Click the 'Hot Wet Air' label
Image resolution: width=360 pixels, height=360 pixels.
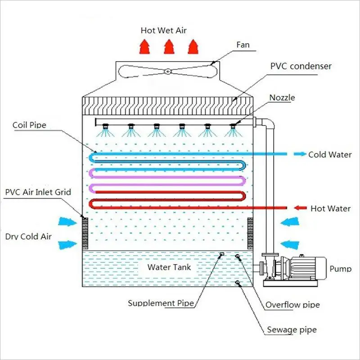(163, 30)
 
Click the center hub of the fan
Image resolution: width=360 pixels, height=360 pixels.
(167, 71)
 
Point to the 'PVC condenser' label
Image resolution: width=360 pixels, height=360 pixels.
(301, 67)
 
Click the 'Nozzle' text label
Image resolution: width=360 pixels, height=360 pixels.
(283, 98)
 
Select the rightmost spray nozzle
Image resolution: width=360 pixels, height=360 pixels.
(233, 128)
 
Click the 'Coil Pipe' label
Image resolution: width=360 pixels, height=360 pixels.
(29, 125)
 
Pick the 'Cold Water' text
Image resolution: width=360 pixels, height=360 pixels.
(330, 154)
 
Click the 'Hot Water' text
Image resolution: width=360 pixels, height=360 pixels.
(330, 208)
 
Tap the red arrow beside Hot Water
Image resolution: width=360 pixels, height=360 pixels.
(300, 208)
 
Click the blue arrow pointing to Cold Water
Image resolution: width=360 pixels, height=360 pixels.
(298, 154)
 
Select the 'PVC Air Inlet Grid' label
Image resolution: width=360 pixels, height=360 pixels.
(38, 192)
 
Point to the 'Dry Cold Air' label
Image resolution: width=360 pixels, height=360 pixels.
(28, 236)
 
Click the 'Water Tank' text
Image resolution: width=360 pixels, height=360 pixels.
(169, 267)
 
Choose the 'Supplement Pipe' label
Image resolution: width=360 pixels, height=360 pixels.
(161, 303)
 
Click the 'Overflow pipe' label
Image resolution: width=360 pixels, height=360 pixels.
(292, 305)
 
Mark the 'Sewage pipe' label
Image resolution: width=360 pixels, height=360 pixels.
(290, 330)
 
